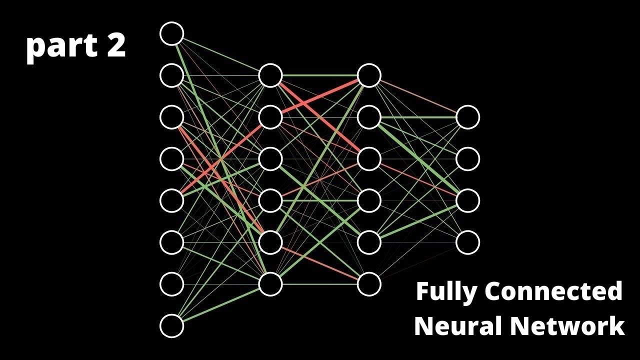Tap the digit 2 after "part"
point(115,46)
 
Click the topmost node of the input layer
point(171,33)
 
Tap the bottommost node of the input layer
point(171,326)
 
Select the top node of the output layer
point(468,117)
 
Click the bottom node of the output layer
point(468,242)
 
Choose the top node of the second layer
point(270,75)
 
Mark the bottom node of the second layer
point(270,284)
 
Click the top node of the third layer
point(369,75)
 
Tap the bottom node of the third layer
point(369,284)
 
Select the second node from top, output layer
point(468,159)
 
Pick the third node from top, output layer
point(468,200)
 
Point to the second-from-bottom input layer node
point(171,284)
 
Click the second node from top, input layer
point(171,75)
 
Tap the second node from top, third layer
point(369,117)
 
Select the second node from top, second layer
point(270,117)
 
